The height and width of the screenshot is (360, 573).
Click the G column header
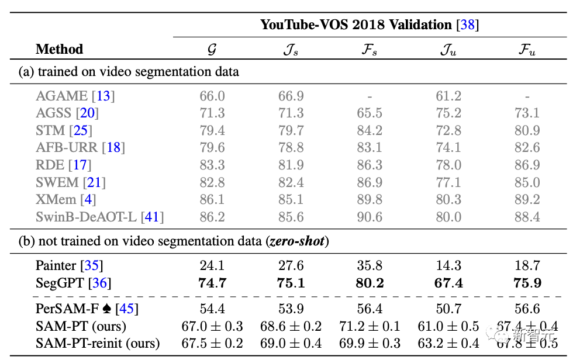(x=212, y=50)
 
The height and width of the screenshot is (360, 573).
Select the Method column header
(x=60, y=49)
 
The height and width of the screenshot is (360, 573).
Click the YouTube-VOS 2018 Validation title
(x=370, y=25)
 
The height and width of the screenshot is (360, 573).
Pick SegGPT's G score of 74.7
(x=212, y=283)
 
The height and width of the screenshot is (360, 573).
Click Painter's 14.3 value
(x=448, y=266)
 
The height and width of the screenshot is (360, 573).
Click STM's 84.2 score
(x=369, y=130)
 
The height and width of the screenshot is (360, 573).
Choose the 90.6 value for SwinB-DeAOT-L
(x=369, y=217)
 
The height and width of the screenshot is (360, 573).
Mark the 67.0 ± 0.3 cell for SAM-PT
(x=212, y=326)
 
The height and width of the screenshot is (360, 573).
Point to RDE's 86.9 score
(x=527, y=165)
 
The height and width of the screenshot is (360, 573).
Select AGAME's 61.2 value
(x=448, y=95)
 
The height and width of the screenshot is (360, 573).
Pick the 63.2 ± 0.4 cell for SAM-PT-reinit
(x=448, y=343)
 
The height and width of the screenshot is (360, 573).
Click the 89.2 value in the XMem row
(x=527, y=200)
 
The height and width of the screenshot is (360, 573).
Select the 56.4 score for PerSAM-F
(x=369, y=308)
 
